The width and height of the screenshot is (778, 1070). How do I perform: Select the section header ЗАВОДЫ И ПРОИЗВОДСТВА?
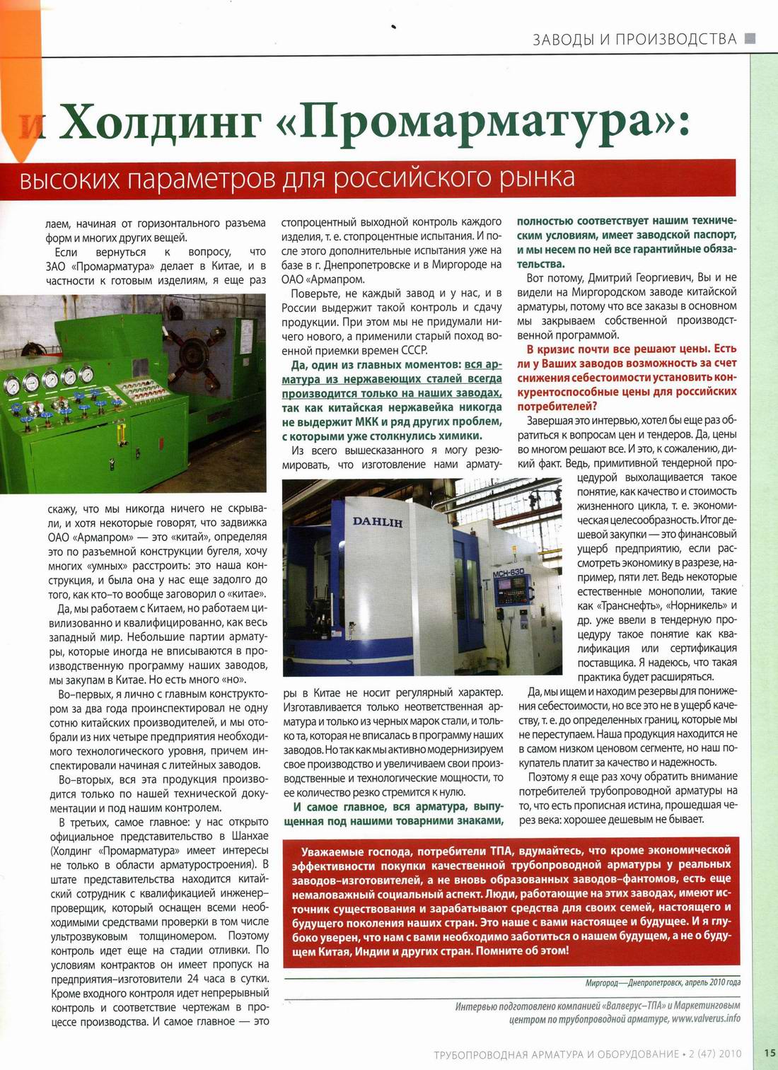[x=634, y=38]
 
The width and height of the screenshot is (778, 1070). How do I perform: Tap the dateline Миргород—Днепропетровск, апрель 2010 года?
[x=663, y=982]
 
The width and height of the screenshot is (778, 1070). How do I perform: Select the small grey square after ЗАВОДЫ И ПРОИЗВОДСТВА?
[x=750, y=38]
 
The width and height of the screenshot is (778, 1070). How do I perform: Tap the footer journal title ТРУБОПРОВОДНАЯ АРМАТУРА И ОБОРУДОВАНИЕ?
[x=557, y=1054]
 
